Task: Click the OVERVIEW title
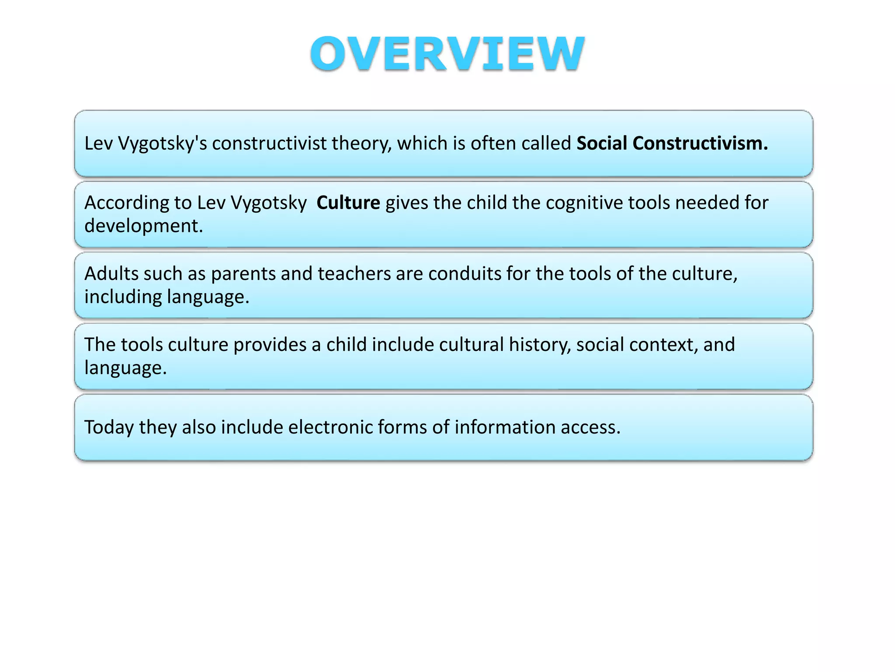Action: click(447, 53)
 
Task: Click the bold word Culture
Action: click(348, 203)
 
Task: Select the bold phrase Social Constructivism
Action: click(672, 143)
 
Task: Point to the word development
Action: click(143, 226)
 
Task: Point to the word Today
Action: click(109, 427)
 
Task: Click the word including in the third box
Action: click(123, 297)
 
